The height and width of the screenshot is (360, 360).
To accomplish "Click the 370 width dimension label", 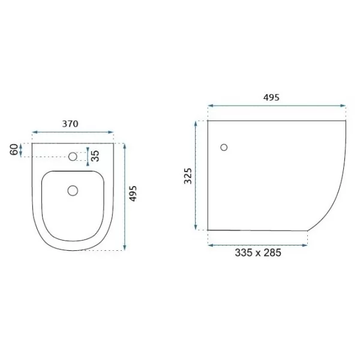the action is click(70, 124).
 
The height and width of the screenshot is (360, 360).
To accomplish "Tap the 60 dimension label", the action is click(14, 149).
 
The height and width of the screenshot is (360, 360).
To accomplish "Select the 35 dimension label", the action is click(95, 156).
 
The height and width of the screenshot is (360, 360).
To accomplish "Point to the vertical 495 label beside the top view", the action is click(133, 194).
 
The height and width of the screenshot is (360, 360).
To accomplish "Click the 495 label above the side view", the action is click(271, 98).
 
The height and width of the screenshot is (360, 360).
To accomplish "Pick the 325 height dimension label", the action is click(188, 176).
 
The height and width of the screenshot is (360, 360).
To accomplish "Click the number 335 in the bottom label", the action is click(244, 253).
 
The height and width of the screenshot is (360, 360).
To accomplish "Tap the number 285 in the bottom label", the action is click(272, 253).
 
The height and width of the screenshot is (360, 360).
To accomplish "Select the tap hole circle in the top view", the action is click(73, 157).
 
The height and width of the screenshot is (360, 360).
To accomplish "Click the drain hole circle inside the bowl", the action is click(73, 191).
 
